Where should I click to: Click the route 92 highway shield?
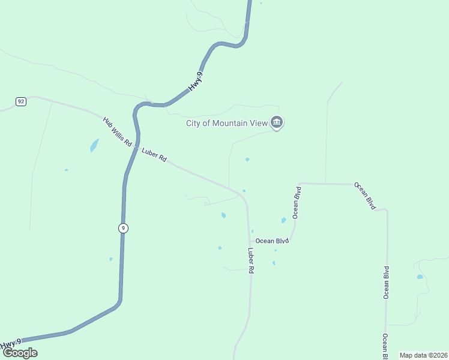21,101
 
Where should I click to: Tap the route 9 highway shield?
122,228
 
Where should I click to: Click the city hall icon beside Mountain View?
276,123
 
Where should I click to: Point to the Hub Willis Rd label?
116,132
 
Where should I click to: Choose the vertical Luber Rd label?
252,261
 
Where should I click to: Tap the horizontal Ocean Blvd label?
273,241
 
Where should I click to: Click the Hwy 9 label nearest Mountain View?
196,81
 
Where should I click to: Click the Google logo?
20,353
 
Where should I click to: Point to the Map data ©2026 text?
423,355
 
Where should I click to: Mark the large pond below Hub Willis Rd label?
94,145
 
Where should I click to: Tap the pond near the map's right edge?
420,277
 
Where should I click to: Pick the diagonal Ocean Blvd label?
364,196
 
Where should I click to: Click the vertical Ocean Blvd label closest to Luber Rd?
296,202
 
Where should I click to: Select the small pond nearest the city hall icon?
247,160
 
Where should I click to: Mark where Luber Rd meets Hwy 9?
137,147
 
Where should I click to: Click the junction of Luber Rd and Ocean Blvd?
249,241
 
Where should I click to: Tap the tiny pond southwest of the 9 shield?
111,259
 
